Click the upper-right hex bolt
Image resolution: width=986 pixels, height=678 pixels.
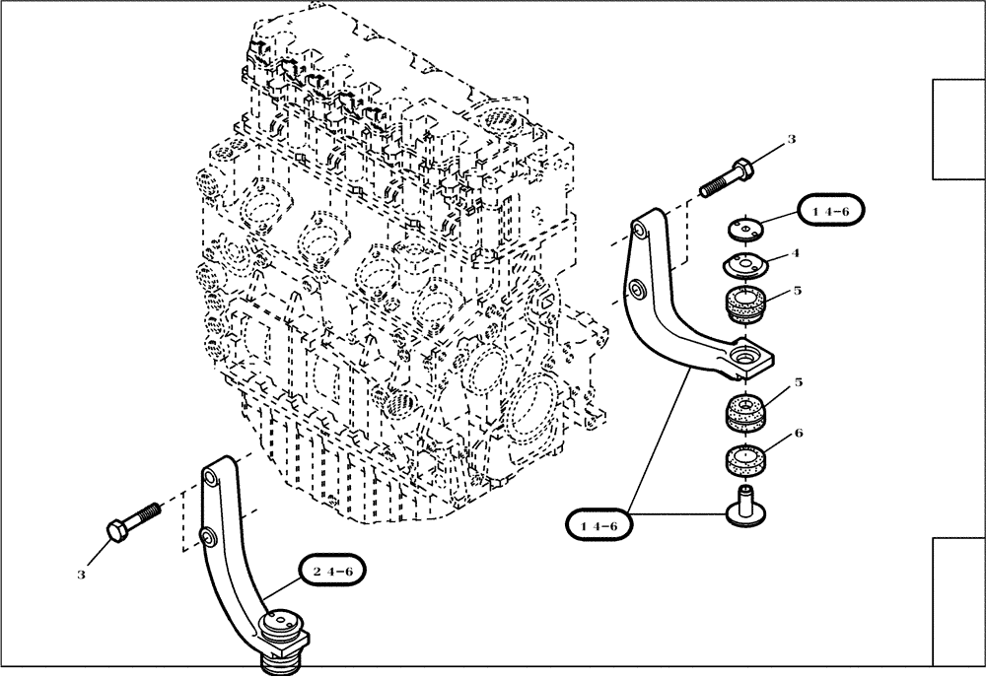728,178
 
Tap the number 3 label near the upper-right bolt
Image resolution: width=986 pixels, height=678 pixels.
791,141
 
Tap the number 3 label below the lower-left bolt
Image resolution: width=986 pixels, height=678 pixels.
83,573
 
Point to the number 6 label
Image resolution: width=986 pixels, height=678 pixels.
797,433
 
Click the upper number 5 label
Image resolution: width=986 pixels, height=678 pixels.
797,291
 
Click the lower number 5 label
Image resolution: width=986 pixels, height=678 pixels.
797,381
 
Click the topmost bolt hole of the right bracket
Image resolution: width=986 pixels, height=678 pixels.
639,230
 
